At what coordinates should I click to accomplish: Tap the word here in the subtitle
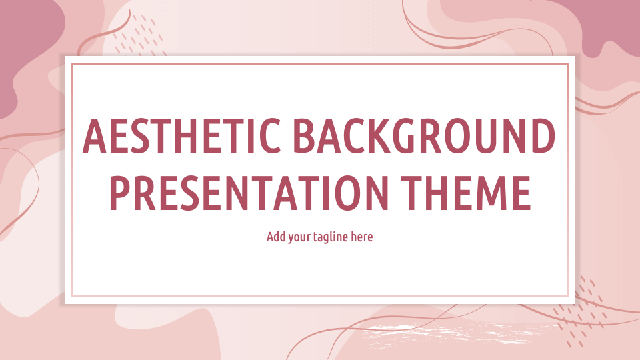click(362, 237)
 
